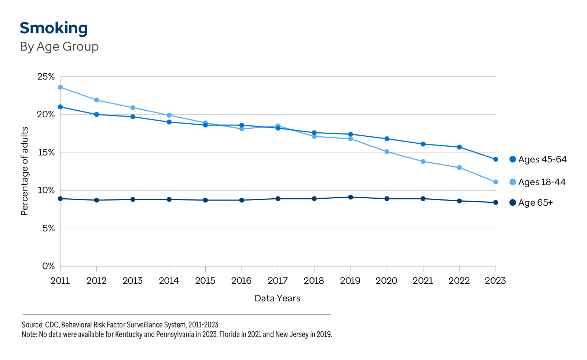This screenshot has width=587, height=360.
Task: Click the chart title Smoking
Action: pos(54,28)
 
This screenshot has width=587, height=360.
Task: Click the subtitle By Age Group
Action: pos(59,47)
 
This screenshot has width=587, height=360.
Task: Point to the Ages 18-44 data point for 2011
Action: pos(60,87)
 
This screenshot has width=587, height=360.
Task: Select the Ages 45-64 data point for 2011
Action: pos(60,107)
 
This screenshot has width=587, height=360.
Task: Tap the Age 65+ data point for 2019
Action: pos(351,197)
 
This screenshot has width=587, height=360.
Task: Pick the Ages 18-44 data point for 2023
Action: pos(496,182)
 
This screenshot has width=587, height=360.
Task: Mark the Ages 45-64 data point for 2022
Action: pos(459,147)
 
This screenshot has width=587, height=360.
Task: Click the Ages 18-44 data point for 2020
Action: pos(387,152)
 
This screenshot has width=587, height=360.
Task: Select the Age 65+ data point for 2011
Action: pos(60,199)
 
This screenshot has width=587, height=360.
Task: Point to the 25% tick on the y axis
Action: pos(46,77)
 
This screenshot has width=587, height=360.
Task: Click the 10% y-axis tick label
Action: pos(46,190)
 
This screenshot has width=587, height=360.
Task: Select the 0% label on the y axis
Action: pos(48,266)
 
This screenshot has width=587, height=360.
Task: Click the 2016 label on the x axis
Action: pos(241,281)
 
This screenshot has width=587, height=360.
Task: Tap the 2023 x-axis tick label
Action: pos(495,281)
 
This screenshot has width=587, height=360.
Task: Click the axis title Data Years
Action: pos(277,298)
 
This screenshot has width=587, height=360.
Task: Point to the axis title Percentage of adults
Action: pos(25,171)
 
